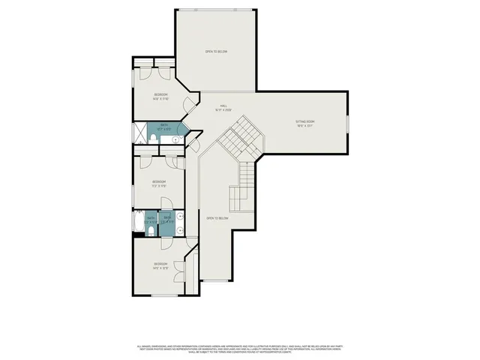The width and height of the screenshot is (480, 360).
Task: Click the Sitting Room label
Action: click(x=304, y=121)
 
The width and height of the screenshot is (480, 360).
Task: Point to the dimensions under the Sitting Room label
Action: click(x=304, y=126)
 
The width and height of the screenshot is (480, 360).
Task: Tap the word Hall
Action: click(x=223, y=106)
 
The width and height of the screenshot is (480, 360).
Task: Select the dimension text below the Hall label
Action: click(x=223, y=110)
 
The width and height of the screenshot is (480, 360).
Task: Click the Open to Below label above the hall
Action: click(x=217, y=51)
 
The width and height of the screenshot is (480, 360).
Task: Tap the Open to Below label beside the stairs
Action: click(x=217, y=218)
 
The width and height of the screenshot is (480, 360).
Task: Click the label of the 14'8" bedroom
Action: click(x=160, y=94)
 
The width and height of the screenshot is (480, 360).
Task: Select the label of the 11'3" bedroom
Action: click(x=159, y=181)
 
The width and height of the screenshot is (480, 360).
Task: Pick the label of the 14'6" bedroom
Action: click(x=160, y=263)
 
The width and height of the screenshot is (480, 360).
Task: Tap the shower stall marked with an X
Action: click(x=140, y=133)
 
